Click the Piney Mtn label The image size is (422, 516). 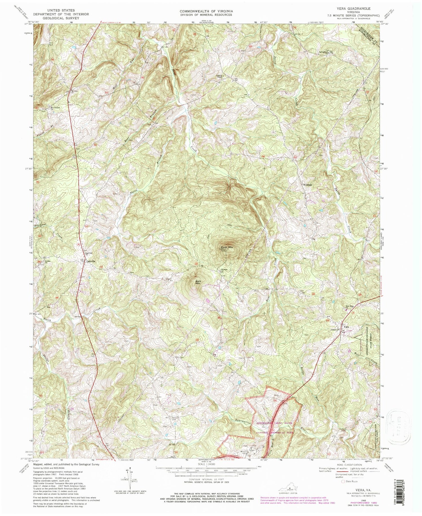pos(227,247)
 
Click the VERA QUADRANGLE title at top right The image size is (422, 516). pos(356,9)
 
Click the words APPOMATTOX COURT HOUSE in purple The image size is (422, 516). pos(275,423)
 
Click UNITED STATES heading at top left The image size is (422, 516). pos(61,10)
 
